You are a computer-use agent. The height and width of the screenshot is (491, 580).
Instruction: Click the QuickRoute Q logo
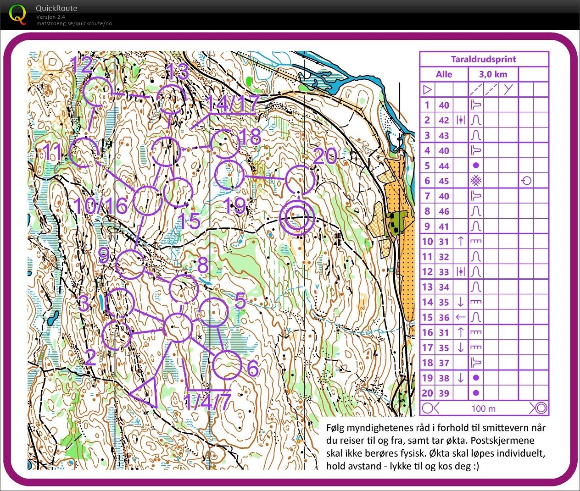(17, 14)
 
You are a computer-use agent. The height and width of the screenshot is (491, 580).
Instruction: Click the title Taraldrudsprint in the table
(484, 59)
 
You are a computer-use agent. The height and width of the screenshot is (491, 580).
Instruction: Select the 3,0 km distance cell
(493, 74)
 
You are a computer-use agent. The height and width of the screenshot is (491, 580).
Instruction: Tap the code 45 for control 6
(444, 181)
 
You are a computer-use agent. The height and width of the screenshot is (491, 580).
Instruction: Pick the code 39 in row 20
(444, 393)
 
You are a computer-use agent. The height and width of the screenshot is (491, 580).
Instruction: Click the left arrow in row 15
(461, 317)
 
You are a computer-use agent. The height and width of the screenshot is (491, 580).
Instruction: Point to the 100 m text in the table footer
(484, 408)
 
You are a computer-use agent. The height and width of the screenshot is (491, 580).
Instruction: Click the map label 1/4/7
(206, 402)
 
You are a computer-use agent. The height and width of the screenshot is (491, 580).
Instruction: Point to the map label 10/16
(100, 206)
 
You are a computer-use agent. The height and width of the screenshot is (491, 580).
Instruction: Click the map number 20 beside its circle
(325, 157)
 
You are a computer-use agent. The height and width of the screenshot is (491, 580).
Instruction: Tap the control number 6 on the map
(253, 368)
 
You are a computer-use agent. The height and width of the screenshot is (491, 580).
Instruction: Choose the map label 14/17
(233, 104)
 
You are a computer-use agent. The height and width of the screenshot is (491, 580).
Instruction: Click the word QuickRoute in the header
(56, 8)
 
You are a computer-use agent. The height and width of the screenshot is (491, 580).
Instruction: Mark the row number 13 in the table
(427, 287)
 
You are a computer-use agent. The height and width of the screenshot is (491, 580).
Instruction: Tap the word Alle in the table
(444, 74)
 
